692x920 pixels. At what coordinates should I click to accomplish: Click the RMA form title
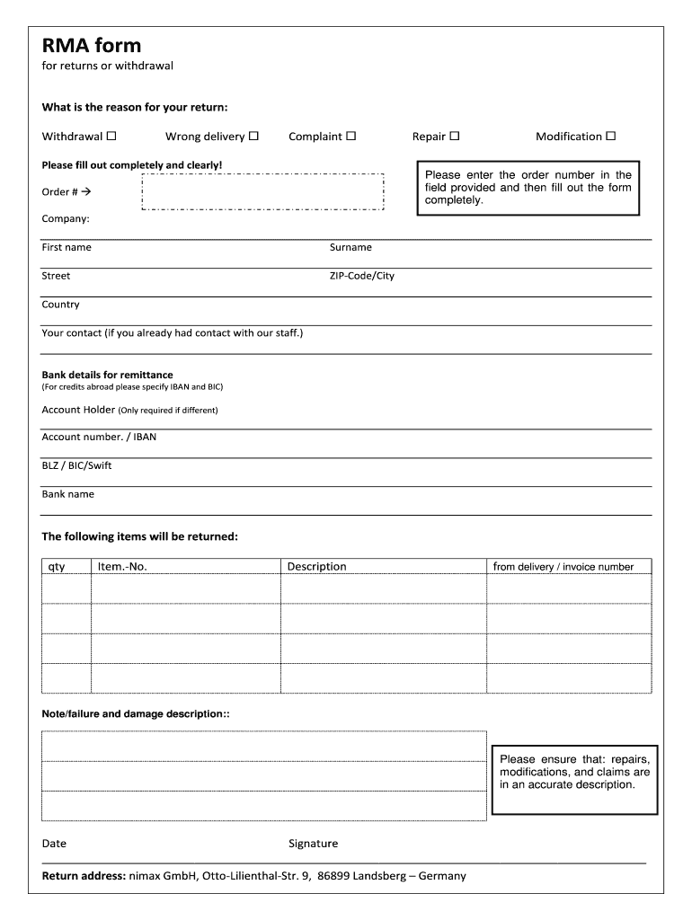coord(92,46)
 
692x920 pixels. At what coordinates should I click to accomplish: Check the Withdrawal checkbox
coord(111,137)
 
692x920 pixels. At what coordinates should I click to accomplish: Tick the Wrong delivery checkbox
coord(253,137)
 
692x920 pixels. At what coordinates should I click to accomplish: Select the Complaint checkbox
coord(351,137)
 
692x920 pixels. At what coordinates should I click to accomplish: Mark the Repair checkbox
coord(454,137)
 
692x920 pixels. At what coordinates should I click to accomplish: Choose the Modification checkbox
coord(610,137)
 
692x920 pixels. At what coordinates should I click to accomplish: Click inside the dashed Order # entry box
coord(262,192)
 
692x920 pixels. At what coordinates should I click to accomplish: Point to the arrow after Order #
coord(87,192)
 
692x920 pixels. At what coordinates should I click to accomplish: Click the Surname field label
coord(350,247)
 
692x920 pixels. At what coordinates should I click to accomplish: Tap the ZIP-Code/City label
coord(361,276)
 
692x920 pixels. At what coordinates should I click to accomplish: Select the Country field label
coord(60,305)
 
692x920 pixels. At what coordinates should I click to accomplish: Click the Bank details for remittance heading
coord(107,375)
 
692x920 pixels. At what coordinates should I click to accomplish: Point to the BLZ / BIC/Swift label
coord(76,465)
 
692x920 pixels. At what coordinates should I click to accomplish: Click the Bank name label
coord(67,494)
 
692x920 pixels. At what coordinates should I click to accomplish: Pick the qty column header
coord(57,567)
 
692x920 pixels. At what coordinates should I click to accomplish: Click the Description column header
coord(316,567)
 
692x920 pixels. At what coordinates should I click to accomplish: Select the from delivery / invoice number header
coord(563,567)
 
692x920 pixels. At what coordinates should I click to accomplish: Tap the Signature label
coord(313,844)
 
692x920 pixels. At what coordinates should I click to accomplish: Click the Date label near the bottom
coord(54,844)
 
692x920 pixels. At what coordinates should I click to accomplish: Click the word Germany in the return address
coord(442,876)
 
